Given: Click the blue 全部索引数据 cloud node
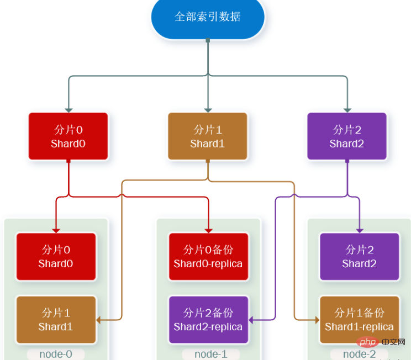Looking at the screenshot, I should [208, 17].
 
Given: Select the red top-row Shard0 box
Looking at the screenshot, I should [68, 136].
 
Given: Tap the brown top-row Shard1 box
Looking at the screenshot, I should [208, 136].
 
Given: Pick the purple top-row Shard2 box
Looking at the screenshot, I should [347, 136].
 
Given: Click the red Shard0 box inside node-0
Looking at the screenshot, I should [56, 257].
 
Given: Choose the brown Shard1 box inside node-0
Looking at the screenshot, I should [56, 320].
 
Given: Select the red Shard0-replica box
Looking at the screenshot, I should [208, 257].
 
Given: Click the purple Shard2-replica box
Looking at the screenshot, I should [208, 320].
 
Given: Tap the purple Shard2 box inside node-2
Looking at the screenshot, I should [360, 257].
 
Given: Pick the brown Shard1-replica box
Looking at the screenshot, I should [360, 320].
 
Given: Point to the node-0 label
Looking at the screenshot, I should [56, 354].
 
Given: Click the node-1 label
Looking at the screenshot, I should [208, 354].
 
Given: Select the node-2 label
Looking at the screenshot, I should [360, 354].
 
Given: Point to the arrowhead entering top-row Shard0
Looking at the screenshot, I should [68, 109].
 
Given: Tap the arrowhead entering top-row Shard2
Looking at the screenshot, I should [347, 109].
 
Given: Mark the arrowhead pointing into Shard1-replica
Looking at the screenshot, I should [317, 320].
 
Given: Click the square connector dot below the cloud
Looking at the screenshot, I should [208, 40].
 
